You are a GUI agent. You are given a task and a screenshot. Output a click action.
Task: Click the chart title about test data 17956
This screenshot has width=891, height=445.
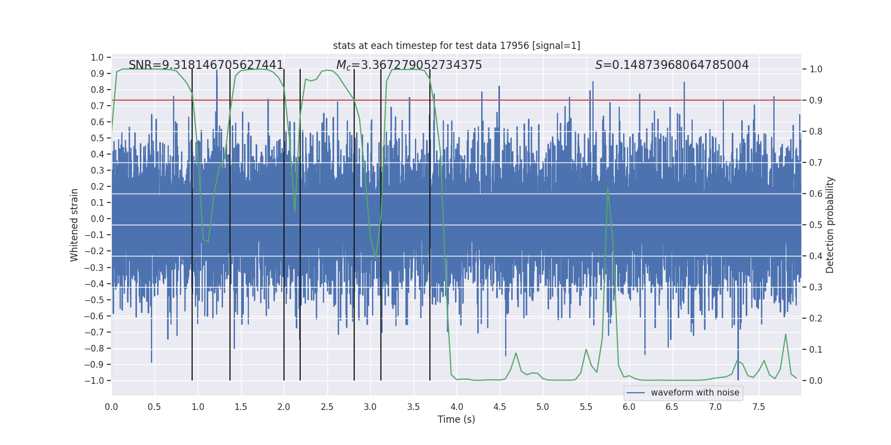point(456,46)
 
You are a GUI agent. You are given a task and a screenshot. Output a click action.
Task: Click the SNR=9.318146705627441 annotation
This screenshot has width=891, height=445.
point(206,65)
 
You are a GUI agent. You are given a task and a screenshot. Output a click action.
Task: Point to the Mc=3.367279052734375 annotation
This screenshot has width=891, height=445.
point(409,65)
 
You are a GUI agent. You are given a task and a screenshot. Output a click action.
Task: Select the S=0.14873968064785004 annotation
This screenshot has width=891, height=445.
point(672,65)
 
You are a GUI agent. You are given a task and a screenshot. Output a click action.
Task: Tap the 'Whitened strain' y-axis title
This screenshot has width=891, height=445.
point(75,225)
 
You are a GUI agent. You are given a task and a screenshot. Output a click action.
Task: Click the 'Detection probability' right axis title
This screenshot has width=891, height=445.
point(830,225)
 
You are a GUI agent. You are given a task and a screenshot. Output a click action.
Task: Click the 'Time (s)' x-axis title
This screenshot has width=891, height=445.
point(456,419)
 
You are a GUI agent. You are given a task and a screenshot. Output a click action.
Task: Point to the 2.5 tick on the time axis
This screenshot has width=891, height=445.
point(327,407)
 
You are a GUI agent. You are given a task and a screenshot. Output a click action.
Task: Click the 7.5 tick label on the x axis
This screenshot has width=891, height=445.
point(758,407)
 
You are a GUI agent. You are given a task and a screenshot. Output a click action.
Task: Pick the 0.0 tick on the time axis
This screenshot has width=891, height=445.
point(111,407)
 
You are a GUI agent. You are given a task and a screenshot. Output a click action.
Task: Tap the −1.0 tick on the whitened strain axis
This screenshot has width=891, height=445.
point(94,380)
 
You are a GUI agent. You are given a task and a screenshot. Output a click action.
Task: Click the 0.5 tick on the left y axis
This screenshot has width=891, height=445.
point(97,138)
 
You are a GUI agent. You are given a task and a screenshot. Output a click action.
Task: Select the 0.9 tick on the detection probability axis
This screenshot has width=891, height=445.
point(815,100)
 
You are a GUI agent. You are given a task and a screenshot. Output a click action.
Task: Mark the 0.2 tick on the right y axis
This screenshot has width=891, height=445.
point(815,318)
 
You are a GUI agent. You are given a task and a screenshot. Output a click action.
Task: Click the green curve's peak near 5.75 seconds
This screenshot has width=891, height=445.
point(608,187)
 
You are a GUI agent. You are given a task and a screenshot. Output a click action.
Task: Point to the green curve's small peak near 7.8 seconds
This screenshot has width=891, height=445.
point(786,334)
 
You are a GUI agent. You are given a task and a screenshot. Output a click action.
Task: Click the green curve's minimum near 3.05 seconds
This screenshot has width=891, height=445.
point(376,256)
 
